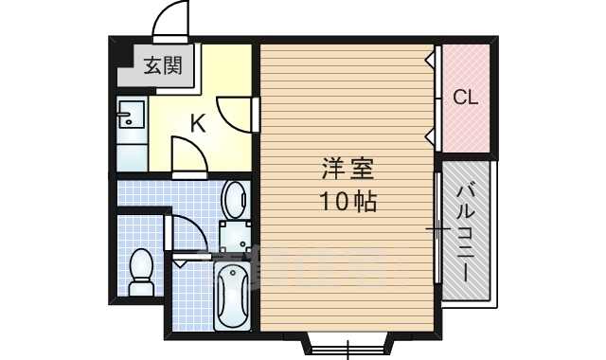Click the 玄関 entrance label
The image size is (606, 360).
[x=164, y=66]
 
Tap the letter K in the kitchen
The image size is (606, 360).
[x=197, y=122]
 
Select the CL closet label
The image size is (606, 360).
[x=465, y=98]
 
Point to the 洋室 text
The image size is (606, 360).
[x=348, y=171]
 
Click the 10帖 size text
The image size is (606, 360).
[x=347, y=201]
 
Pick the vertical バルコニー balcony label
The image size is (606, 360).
[x=466, y=231]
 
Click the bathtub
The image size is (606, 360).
[x=232, y=296]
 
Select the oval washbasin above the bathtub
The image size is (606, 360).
[x=234, y=200]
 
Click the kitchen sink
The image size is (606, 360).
[x=130, y=117]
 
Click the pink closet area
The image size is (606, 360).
[x=466, y=97]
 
